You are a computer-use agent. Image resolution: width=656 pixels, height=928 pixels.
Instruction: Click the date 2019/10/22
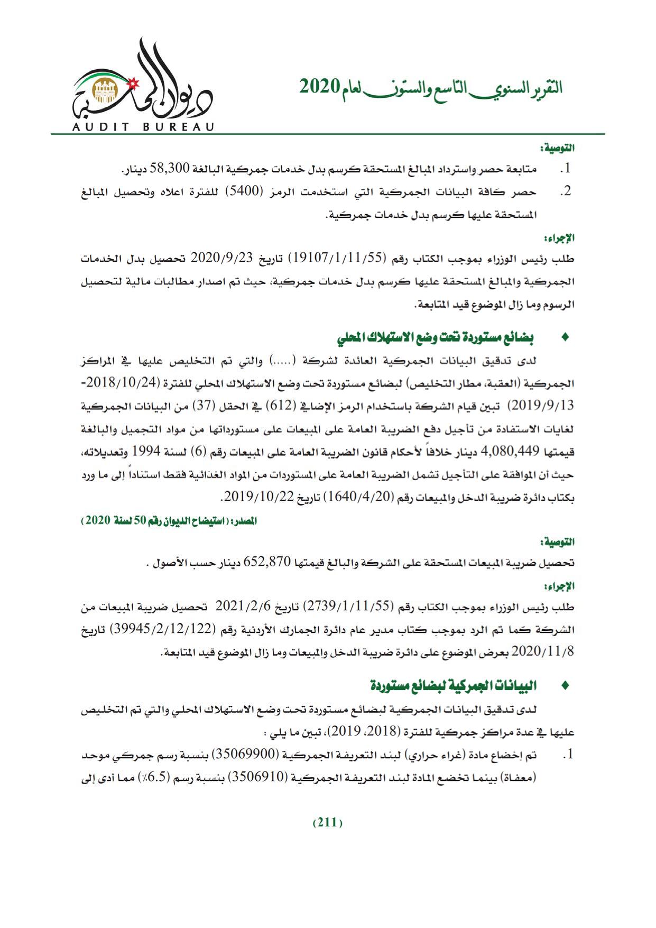coord(255,498)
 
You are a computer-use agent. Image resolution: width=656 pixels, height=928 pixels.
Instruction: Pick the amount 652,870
coord(267,563)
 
